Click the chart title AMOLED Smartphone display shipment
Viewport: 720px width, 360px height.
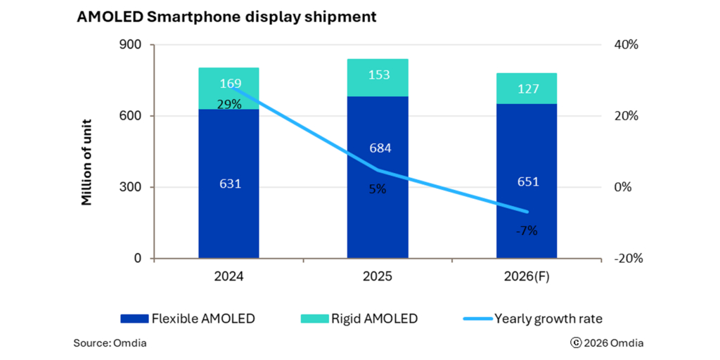[226, 18]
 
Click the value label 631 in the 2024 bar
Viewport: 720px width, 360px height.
[230, 184]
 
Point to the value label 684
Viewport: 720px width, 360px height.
[379, 148]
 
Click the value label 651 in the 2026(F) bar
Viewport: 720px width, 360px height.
[527, 181]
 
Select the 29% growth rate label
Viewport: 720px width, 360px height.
[229, 104]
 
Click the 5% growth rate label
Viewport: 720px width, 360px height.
[378, 188]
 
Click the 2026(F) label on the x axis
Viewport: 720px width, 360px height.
[527, 277]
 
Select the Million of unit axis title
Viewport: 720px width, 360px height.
[87, 151]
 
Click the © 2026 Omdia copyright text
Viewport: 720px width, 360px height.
[607, 343]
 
